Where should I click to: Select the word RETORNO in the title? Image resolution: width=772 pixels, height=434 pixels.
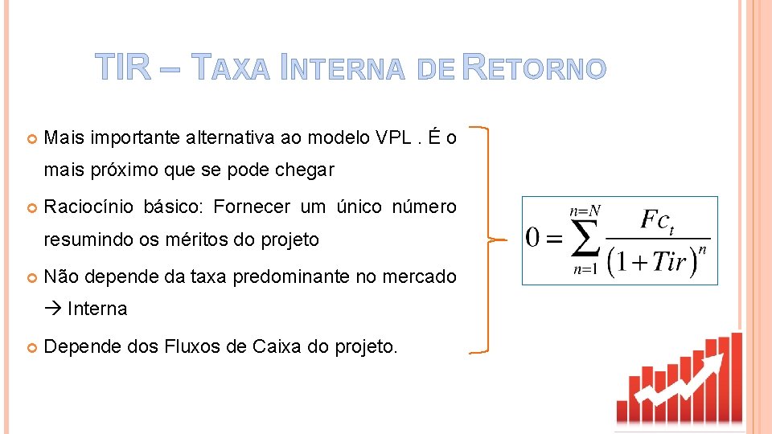click(535, 69)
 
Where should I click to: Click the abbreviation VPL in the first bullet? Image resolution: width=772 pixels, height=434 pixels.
click(396, 138)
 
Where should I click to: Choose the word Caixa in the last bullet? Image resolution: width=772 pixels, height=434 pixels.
click(275, 346)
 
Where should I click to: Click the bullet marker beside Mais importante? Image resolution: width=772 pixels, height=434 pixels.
click(31, 139)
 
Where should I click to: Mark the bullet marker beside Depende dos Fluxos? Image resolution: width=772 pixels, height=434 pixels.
click(31, 347)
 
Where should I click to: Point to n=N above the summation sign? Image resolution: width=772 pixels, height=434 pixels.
click(585, 211)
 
